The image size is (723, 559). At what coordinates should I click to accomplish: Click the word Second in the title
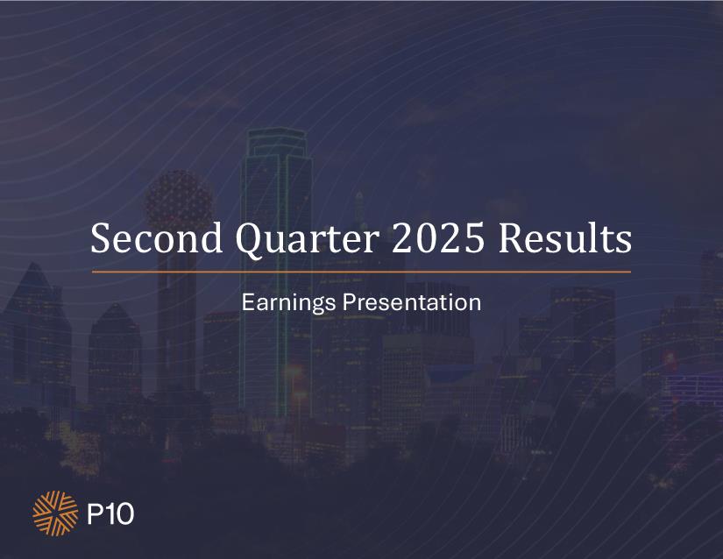(157, 237)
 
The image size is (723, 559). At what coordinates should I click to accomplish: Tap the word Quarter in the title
(308, 240)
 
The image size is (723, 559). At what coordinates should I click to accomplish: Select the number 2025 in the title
(438, 237)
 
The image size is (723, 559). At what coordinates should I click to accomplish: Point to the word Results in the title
(565, 237)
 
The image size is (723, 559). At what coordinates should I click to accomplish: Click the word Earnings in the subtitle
(288, 304)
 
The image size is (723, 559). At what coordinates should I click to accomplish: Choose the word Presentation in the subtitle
(412, 302)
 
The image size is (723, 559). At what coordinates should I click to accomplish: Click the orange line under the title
(361, 272)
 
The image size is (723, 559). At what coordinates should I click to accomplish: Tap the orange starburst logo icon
(55, 513)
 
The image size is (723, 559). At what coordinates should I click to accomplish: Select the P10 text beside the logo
(110, 513)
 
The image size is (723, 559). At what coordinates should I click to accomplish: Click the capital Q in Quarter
(250, 241)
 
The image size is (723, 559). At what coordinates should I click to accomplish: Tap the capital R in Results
(511, 238)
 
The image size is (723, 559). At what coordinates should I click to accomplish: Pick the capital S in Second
(101, 238)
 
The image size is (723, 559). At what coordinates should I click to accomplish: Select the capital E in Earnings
(248, 302)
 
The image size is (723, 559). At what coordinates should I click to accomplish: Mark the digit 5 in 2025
(475, 238)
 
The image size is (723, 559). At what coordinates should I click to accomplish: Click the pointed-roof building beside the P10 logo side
(34, 332)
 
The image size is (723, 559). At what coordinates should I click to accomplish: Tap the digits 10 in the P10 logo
(119, 513)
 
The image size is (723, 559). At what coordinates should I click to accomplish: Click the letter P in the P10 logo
(94, 513)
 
